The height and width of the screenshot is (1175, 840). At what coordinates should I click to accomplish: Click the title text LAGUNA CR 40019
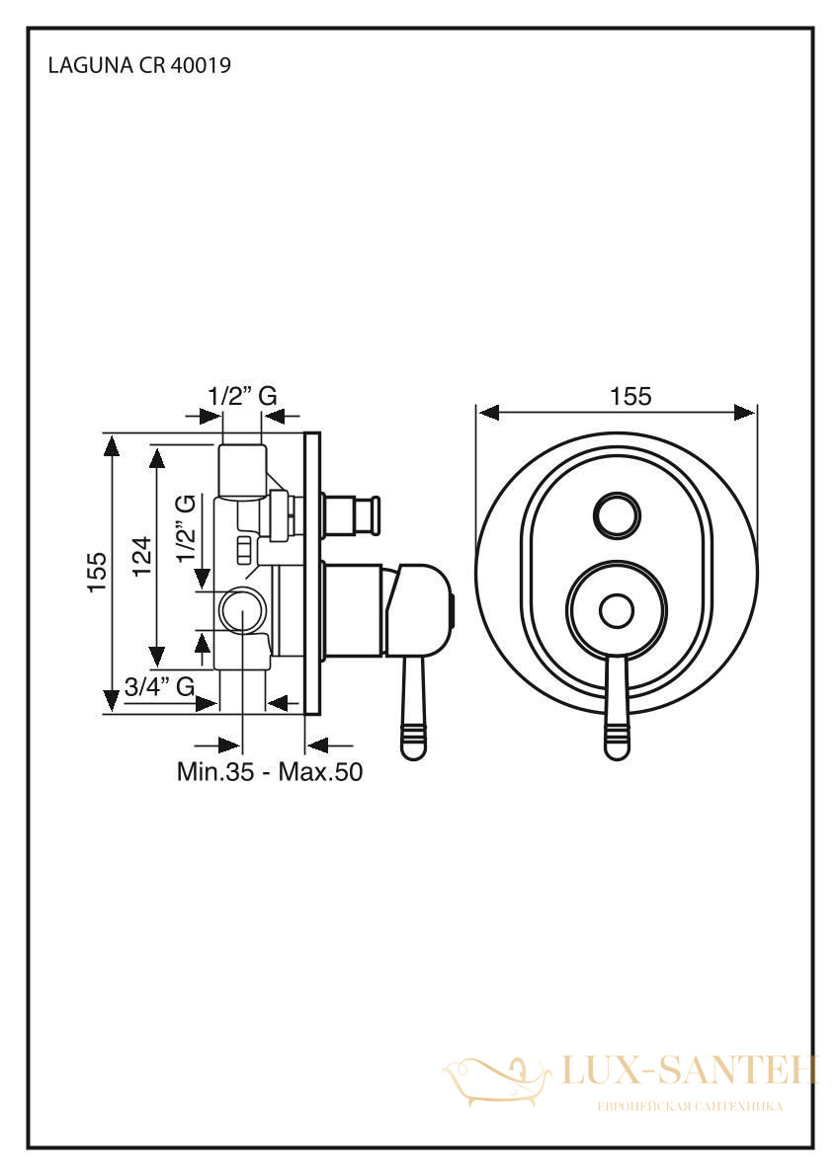click(x=139, y=66)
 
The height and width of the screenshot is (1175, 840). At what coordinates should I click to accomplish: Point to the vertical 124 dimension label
click(x=141, y=555)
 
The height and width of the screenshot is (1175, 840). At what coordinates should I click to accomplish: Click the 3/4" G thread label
click(x=160, y=685)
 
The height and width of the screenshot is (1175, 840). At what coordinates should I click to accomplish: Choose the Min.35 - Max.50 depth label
click(x=270, y=771)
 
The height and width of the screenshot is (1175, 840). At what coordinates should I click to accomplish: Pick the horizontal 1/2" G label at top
click(x=242, y=395)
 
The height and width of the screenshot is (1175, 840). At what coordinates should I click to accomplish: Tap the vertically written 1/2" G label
click(x=185, y=528)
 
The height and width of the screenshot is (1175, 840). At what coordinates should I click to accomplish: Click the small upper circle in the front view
click(x=618, y=514)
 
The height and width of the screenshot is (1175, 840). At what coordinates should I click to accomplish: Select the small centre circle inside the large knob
click(x=618, y=611)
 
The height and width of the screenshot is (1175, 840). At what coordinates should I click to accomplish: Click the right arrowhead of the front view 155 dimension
click(x=745, y=412)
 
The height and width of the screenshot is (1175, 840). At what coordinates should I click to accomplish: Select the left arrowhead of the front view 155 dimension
click(x=488, y=412)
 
